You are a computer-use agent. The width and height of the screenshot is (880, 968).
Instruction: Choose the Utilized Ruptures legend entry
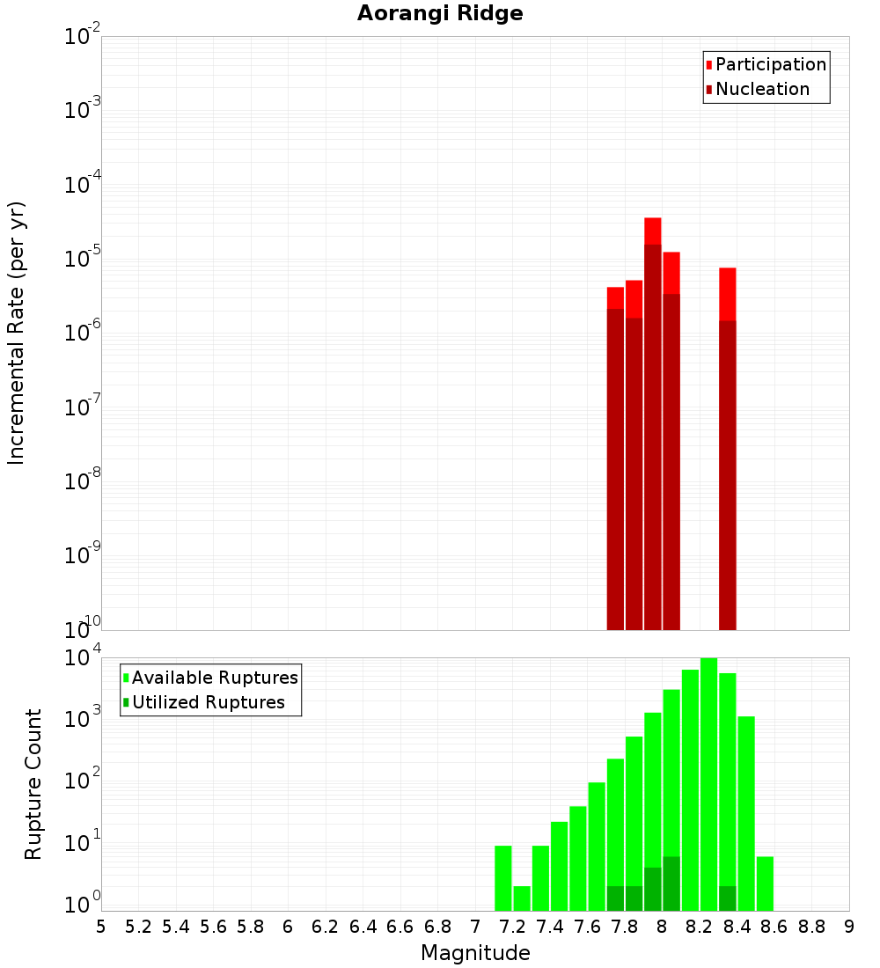(x=208, y=702)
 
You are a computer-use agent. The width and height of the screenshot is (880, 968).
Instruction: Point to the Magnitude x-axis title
(x=475, y=953)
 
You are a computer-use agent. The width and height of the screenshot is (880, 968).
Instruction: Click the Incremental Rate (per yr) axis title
(x=17, y=333)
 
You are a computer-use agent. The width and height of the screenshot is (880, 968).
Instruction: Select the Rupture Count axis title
(x=33, y=783)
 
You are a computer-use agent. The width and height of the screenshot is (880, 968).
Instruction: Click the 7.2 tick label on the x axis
(x=513, y=927)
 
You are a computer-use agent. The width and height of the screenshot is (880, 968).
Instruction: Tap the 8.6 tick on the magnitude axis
(x=774, y=927)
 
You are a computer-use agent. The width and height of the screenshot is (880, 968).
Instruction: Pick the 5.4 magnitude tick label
(x=176, y=927)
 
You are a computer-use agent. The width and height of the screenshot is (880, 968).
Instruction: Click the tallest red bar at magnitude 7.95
(x=653, y=422)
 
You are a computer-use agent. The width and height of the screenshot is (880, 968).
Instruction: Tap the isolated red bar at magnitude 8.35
(x=728, y=449)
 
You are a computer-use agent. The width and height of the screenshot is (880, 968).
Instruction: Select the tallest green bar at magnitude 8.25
(x=708, y=783)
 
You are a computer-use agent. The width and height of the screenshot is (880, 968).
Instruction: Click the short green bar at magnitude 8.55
(x=765, y=884)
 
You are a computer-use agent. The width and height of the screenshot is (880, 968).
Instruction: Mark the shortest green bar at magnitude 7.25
(x=522, y=898)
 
